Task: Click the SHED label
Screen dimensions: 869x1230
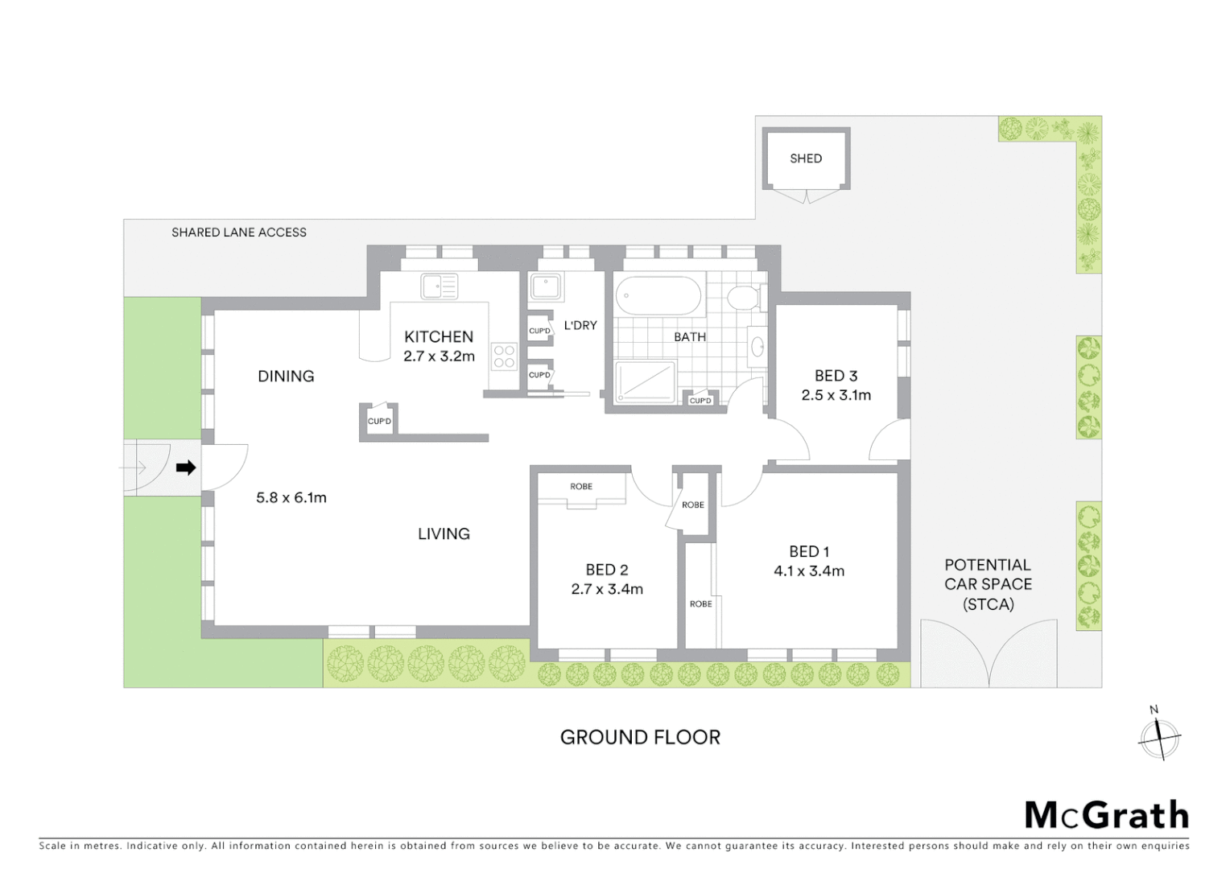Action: point(806,159)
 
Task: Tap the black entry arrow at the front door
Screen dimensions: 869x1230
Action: point(186,467)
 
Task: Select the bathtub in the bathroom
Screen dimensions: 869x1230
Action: point(659,298)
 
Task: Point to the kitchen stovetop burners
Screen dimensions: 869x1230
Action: point(504,356)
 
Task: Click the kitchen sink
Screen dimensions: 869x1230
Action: point(439,286)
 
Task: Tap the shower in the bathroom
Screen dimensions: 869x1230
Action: point(645,382)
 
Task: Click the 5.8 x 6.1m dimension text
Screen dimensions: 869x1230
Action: point(291,497)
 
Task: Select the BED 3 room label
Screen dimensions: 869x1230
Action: point(836,376)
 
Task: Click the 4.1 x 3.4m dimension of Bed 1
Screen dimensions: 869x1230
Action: point(809,571)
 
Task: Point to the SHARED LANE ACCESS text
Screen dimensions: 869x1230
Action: point(239,233)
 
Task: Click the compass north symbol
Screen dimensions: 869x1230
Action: point(1159,735)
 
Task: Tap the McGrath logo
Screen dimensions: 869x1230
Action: point(1106,815)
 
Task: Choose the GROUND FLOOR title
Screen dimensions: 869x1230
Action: point(640,737)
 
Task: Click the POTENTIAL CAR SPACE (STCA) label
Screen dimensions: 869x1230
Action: point(988,584)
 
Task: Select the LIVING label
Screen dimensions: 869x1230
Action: point(444,533)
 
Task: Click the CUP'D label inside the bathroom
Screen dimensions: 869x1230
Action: point(700,401)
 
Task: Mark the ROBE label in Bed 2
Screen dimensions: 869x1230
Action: point(581,487)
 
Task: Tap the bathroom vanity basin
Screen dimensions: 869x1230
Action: point(757,347)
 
